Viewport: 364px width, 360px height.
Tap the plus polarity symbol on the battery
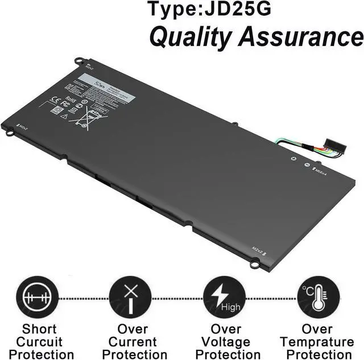point(294,160)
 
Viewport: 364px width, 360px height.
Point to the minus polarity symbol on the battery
point(307,165)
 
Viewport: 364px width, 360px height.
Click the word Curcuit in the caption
point(40,342)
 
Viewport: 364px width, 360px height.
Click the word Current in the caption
point(133,342)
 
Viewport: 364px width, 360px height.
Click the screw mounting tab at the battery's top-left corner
point(79,60)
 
